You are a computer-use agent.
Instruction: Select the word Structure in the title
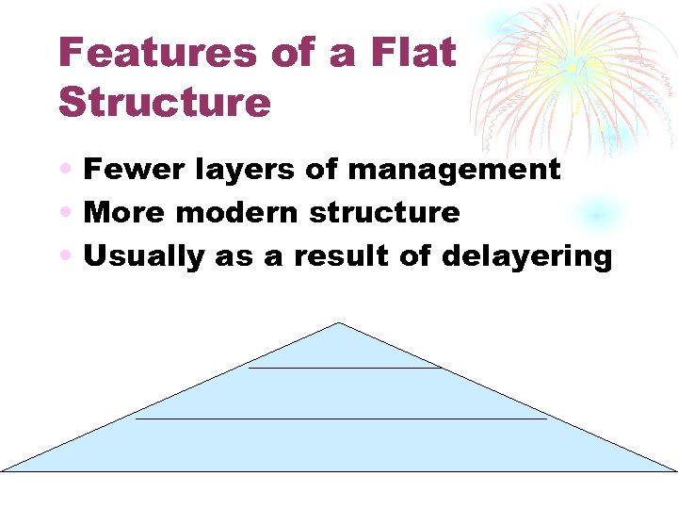(165, 102)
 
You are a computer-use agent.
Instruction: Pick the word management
(454, 170)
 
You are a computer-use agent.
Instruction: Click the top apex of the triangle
(338, 323)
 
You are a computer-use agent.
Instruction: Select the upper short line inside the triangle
(345, 368)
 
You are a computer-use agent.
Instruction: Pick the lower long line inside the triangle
(341, 419)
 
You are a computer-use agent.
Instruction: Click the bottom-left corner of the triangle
(3, 470)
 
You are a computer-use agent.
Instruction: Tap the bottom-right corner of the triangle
(674, 470)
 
